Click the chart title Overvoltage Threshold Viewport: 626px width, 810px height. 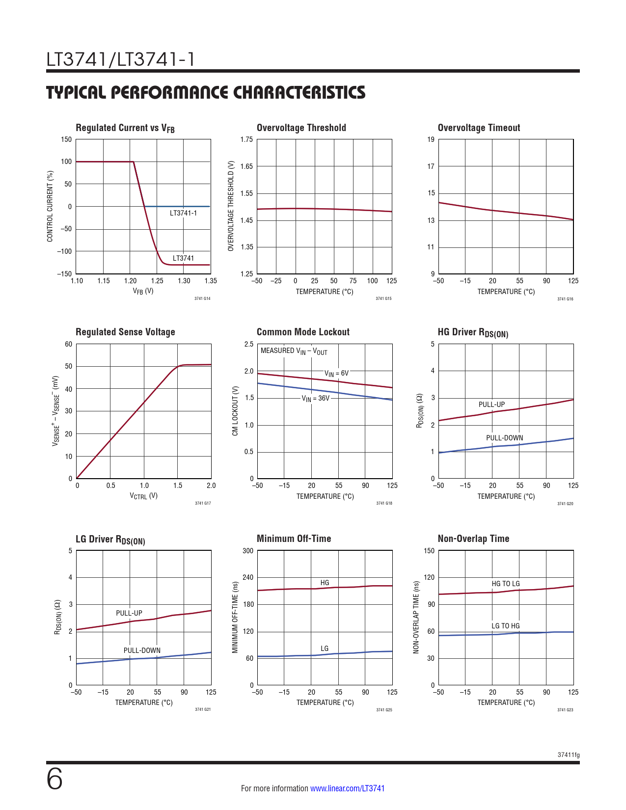tap(301, 128)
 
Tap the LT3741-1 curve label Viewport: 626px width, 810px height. tap(183, 213)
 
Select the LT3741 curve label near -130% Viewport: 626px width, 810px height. tap(183, 258)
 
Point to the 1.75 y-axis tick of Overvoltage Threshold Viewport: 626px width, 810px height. tap(246, 139)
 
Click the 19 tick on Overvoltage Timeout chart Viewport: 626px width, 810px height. tap(431, 139)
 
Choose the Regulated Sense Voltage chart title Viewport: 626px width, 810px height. tap(125, 332)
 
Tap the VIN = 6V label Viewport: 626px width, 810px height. tap(336, 374)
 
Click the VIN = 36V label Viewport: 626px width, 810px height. tap(315, 399)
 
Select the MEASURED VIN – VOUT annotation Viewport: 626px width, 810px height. tap(294, 351)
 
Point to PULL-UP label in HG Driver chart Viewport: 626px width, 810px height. tap(491, 405)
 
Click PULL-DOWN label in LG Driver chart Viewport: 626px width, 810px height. tap(142, 650)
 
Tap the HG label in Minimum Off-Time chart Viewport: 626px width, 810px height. tap(325, 583)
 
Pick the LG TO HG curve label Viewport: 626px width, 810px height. tap(505, 626)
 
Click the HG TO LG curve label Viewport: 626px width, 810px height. tap(505, 584)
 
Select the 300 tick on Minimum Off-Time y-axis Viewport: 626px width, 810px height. tap(248, 551)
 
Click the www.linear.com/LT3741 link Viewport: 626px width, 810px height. tap(347, 788)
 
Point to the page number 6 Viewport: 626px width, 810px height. tap(54, 780)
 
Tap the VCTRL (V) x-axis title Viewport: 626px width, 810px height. tap(143, 496)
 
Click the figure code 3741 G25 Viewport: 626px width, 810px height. tap(384, 710)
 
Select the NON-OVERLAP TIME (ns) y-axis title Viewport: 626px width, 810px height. tap(416, 617)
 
